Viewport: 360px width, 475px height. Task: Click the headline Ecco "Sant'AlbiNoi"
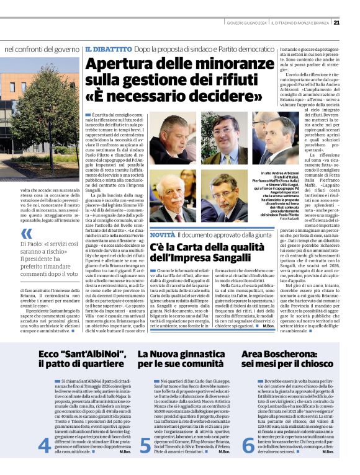click(x=73, y=354)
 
